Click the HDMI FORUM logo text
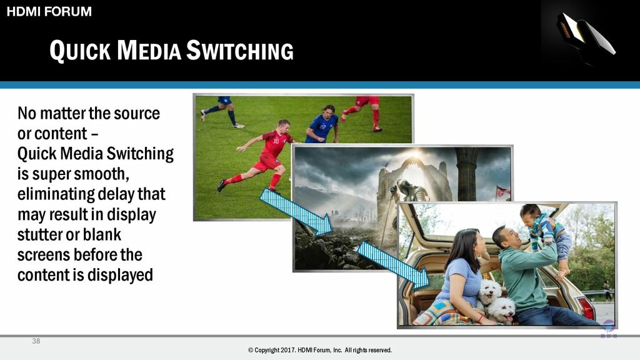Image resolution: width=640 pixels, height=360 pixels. (x=49, y=11)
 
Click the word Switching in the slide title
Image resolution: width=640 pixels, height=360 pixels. (x=240, y=51)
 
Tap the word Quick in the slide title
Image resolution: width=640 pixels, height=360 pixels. (x=80, y=51)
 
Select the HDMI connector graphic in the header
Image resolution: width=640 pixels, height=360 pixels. (x=586, y=34)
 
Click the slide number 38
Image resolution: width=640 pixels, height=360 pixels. (x=36, y=341)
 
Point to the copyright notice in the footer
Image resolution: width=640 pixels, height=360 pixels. (x=319, y=350)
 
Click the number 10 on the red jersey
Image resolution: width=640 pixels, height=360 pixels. (x=276, y=141)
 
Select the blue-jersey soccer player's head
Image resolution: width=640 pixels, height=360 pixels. (x=329, y=111)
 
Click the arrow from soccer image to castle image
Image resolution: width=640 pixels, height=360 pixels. (x=296, y=212)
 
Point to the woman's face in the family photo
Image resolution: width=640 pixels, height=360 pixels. (x=477, y=244)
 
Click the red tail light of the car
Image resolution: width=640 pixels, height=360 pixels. (x=586, y=308)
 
